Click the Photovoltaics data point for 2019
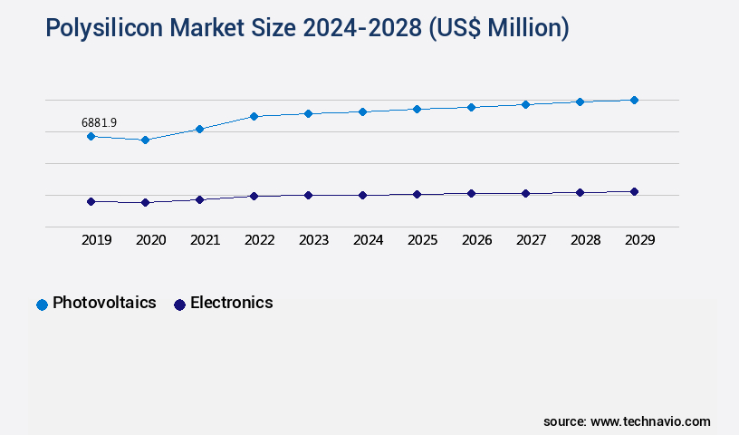click(91, 136)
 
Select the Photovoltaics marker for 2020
click(145, 140)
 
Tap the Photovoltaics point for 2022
click(254, 116)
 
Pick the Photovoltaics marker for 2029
click(634, 100)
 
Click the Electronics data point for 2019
click(91, 201)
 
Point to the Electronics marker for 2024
click(362, 195)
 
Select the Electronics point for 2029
click(634, 191)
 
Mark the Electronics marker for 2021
click(199, 199)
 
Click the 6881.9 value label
click(99, 122)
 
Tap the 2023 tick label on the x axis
click(313, 240)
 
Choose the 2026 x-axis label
click(476, 240)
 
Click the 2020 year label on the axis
click(150, 240)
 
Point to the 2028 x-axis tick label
click(585, 240)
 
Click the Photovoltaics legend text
click(104, 303)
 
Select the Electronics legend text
click(231, 303)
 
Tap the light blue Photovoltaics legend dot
click(42, 304)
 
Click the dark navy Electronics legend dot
click(179, 304)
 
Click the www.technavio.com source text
click(650, 421)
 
